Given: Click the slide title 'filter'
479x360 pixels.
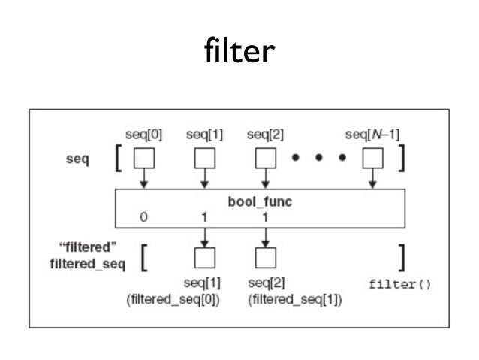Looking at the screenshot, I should (x=239, y=51).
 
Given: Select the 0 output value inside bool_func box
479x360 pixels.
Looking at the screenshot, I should (x=143, y=217).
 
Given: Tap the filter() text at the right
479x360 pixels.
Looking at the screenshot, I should (x=399, y=286).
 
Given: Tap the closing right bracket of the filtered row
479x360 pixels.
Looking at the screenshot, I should (x=403, y=258).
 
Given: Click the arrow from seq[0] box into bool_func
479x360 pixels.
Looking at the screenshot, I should (x=143, y=180).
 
